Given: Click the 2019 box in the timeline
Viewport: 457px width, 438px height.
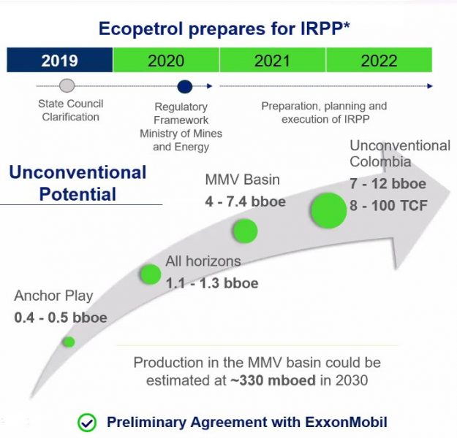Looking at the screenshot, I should tap(59, 60).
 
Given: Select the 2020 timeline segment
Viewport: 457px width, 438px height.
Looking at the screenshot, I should tap(166, 60).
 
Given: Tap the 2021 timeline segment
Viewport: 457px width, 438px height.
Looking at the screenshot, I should tap(272, 60).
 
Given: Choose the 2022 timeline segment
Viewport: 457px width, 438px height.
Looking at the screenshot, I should tap(379, 60).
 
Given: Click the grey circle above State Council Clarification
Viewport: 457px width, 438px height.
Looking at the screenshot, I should tap(67, 85).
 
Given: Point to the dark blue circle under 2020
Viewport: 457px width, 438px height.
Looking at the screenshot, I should tap(185, 86).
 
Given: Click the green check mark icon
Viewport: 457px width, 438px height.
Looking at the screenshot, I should tap(87, 422).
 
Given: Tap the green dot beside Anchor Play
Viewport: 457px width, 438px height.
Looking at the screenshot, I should tap(69, 341).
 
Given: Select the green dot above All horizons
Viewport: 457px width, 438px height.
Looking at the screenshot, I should tap(150, 274).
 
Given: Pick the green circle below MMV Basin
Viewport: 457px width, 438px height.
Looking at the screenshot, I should tap(245, 231).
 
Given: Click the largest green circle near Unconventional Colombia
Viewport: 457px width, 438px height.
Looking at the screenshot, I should tap(328, 210).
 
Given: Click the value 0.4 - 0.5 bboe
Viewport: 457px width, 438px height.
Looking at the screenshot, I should tap(61, 318).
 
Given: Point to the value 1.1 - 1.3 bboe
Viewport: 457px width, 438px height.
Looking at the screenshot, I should tap(211, 283).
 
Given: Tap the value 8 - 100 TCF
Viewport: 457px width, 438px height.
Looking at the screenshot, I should tap(388, 205).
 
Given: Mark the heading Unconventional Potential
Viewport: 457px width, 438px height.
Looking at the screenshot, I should tap(78, 183).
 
